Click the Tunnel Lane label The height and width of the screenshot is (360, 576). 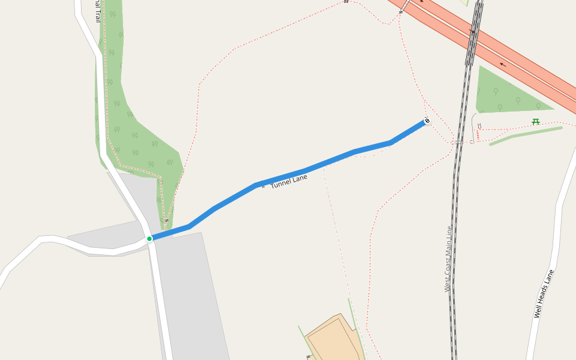(x=289, y=182)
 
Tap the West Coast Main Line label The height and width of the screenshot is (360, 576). (x=448, y=259)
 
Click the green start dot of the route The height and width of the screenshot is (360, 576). (x=149, y=239)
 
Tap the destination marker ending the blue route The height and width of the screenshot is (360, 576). (x=427, y=121)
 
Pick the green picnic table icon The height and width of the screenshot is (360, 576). (x=536, y=121)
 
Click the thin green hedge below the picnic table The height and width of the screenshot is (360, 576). (x=526, y=135)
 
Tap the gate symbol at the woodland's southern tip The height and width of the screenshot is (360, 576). (x=166, y=221)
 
